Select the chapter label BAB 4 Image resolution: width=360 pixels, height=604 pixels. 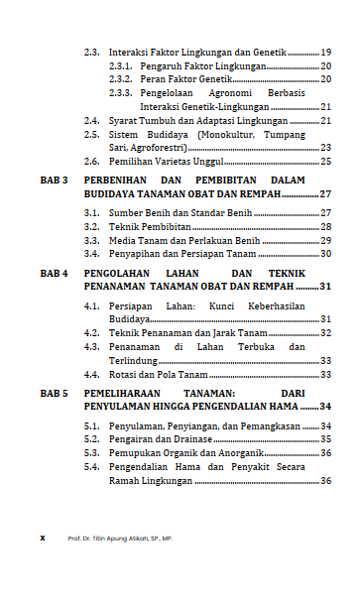tap(54, 271)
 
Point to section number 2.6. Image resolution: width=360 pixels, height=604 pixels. tap(91, 161)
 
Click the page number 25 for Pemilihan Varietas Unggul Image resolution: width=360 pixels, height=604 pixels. tap(325, 161)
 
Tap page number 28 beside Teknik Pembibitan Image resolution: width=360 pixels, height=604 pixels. tap(325, 226)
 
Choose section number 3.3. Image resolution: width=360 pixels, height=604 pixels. tap(91, 240)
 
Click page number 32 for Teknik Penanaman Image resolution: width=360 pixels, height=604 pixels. tap(325, 334)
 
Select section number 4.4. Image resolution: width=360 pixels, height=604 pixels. tap(91, 376)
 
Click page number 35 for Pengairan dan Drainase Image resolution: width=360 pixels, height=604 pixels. tap(325, 438)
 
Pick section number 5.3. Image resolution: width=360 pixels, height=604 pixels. tap(91, 452)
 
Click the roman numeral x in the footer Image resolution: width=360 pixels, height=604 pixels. tap(42, 538)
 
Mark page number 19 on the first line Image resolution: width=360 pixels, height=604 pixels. tap(325, 52)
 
